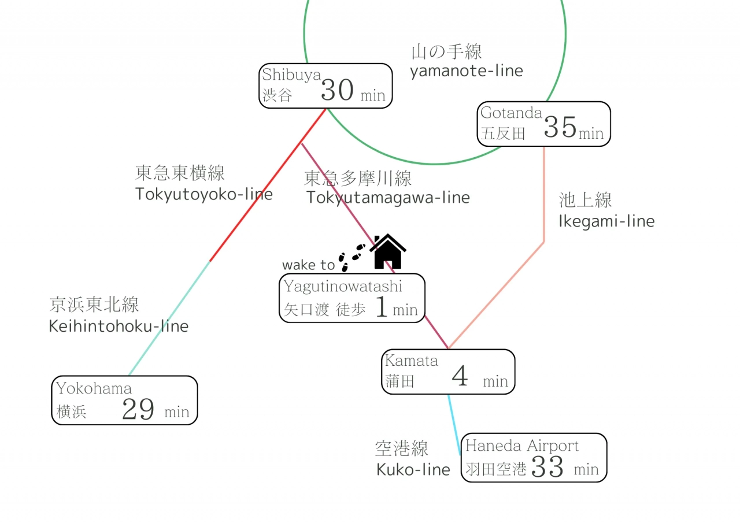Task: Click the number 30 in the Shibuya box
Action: point(337,91)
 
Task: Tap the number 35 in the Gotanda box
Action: point(560,128)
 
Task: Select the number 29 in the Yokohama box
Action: point(138,410)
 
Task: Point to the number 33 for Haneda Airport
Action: point(547,467)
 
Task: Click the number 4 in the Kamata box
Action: point(460,377)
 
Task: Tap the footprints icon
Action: point(352,257)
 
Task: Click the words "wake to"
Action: point(308,265)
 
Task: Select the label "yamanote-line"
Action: point(467,71)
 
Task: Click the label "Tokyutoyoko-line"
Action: point(203,194)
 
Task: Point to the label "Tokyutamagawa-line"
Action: point(388,198)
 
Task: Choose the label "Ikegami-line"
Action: point(606,221)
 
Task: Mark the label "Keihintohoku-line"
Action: point(119,326)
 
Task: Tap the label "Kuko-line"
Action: point(413,470)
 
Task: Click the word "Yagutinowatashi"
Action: point(343,286)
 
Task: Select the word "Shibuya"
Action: point(291,75)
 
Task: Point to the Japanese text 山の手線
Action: point(446,52)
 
